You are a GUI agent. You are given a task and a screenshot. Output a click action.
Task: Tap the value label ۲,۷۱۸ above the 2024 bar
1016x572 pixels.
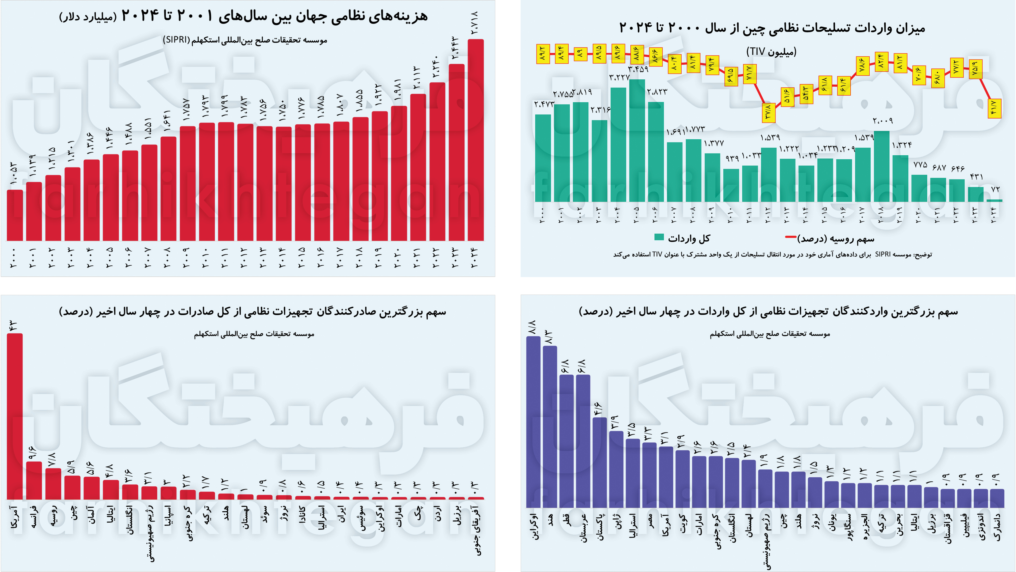(475, 22)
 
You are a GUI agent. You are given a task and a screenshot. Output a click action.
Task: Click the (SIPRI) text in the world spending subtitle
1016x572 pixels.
(176, 40)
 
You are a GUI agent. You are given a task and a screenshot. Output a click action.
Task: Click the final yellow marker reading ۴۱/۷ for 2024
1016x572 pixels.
(994, 108)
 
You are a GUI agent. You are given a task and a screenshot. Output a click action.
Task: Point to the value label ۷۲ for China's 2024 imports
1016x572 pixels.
(995, 189)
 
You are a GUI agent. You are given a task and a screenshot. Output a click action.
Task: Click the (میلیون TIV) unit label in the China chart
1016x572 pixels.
(771, 51)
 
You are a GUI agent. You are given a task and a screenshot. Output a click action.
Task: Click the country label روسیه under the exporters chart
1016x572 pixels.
(53, 516)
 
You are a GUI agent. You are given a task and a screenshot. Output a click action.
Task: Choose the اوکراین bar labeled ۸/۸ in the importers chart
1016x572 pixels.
(533, 422)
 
